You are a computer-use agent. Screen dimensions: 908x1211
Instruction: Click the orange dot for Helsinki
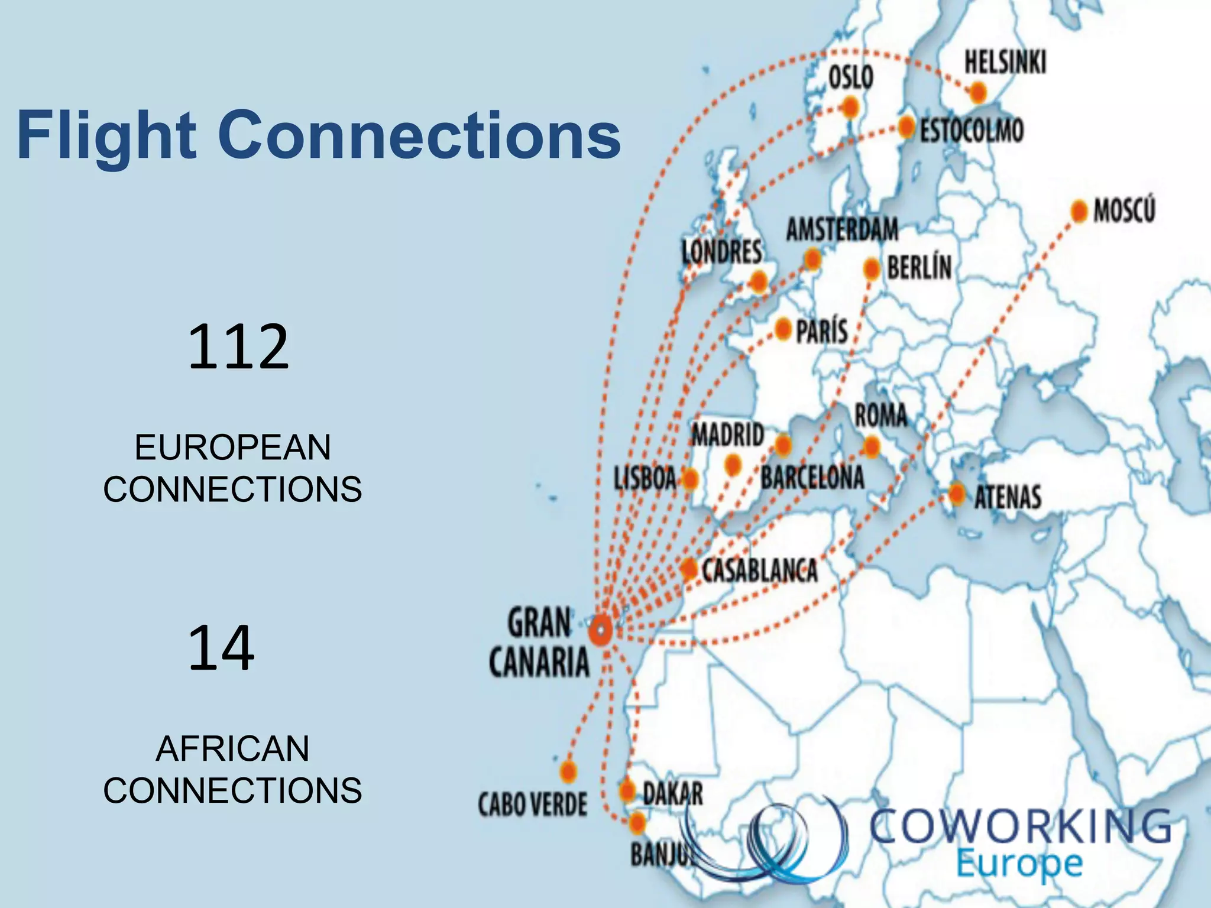click(978, 92)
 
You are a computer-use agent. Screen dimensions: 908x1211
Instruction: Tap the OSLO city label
click(851, 77)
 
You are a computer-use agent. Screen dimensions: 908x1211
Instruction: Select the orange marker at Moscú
click(1079, 211)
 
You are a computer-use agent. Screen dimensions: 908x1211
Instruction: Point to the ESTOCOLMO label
click(972, 131)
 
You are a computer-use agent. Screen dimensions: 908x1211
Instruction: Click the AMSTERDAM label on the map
click(842, 229)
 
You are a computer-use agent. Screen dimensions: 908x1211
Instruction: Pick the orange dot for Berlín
click(872, 269)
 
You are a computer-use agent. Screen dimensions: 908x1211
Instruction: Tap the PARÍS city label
click(822, 332)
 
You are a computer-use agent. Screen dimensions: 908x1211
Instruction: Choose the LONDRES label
click(721, 252)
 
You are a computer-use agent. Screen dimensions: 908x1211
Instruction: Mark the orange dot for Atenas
click(957, 492)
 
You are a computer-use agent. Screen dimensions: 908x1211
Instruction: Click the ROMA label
click(880, 415)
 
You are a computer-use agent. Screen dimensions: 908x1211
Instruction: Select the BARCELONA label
click(812, 478)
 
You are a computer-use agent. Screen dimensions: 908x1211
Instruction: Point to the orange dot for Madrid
click(733, 465)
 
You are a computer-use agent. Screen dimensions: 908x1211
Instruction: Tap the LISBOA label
click(645, 478)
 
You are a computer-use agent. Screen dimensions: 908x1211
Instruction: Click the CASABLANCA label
click(760, 570)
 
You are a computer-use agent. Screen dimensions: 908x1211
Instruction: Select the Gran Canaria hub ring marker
click(601, 631)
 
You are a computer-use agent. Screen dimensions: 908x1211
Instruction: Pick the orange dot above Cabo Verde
click(568, 771)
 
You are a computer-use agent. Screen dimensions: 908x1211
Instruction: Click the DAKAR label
click(673, 793)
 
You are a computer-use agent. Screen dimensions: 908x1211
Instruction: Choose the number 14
click(221, 648)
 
